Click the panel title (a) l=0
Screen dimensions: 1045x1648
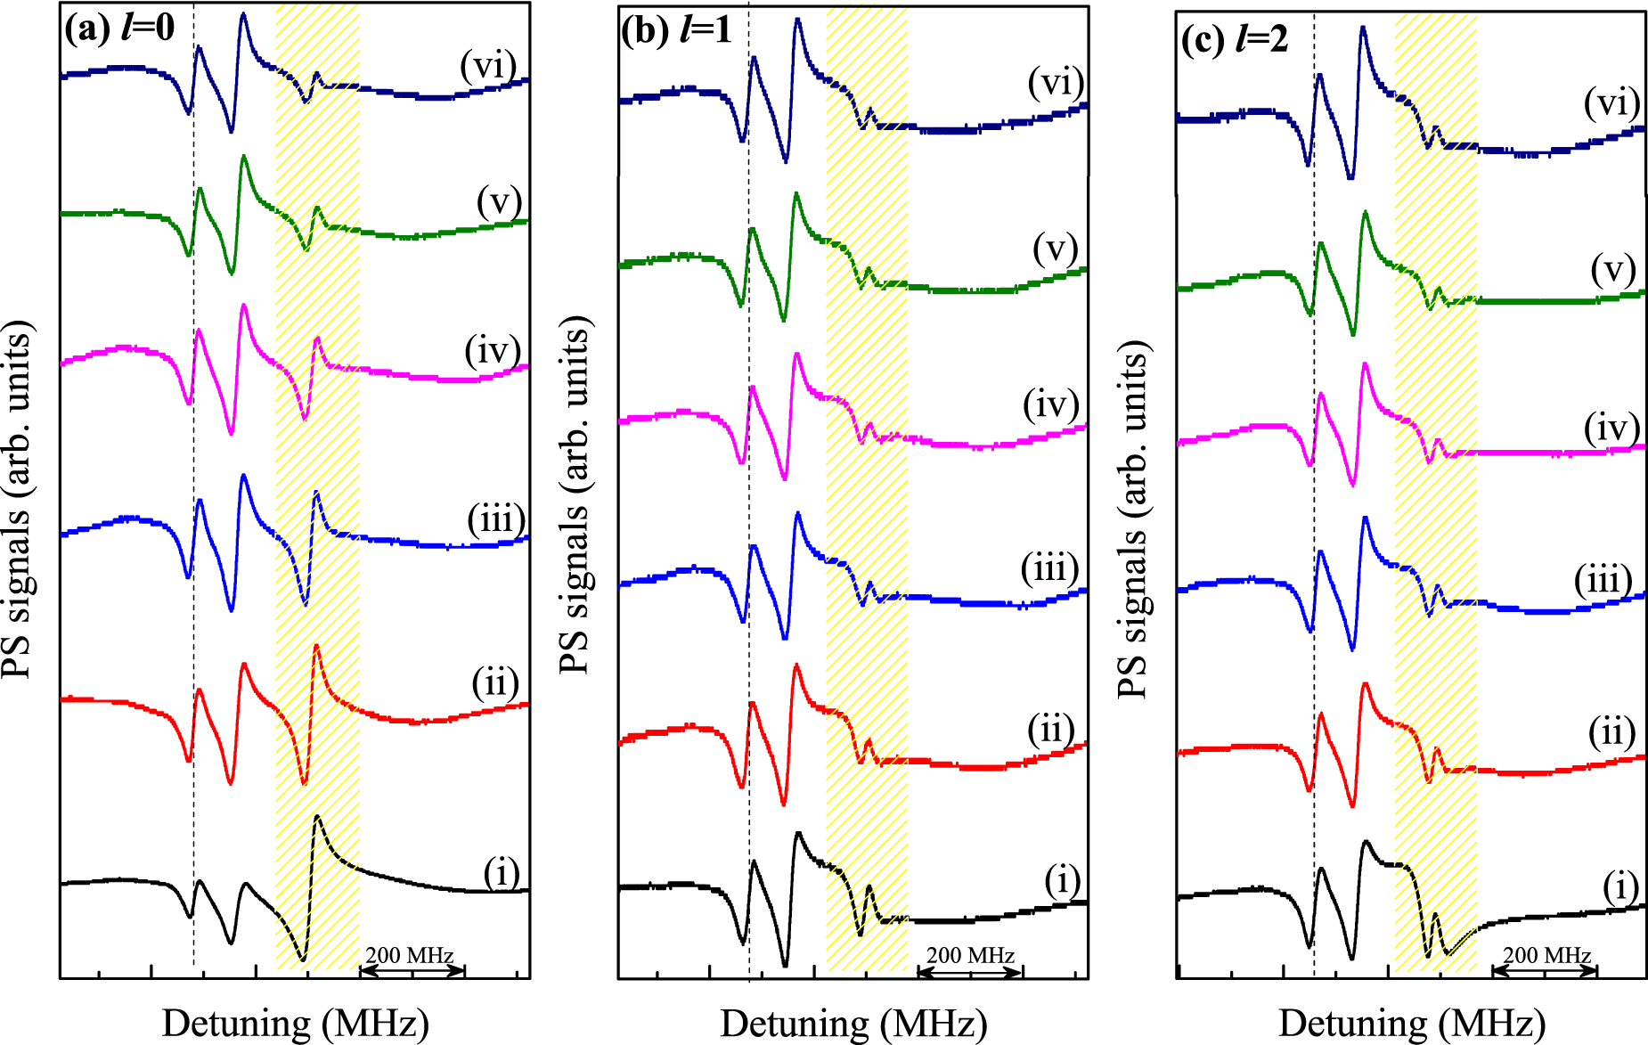tap(119, 28)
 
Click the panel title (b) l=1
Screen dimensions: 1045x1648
tap(677, 30)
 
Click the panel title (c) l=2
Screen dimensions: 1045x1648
tap(1235, 39)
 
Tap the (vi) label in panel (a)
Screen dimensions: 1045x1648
tap(488, 65)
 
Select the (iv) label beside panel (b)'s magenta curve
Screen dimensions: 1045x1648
tap(1051, 404)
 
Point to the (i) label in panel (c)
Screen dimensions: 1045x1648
tap(1620, 886)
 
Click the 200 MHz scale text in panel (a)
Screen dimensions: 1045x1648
tap(410, 955)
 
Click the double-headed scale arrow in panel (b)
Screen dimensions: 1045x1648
tap(970, 972)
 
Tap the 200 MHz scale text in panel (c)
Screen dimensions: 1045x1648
tap(1547, 955)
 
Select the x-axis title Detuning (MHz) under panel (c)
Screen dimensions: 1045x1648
tap(1412, 1023)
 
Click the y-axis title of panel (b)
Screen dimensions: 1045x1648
tap(576, 494)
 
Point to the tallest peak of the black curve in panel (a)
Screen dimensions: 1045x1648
tap(316, 817)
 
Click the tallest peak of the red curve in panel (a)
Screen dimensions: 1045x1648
tap(315, 649)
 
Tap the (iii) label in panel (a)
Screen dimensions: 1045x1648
tap(496, 519)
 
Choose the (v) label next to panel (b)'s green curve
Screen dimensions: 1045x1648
tap(1056, 249)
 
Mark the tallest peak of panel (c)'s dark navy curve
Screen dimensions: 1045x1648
tap(1362, 29)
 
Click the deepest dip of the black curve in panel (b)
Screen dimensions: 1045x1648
tap(785, 965)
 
